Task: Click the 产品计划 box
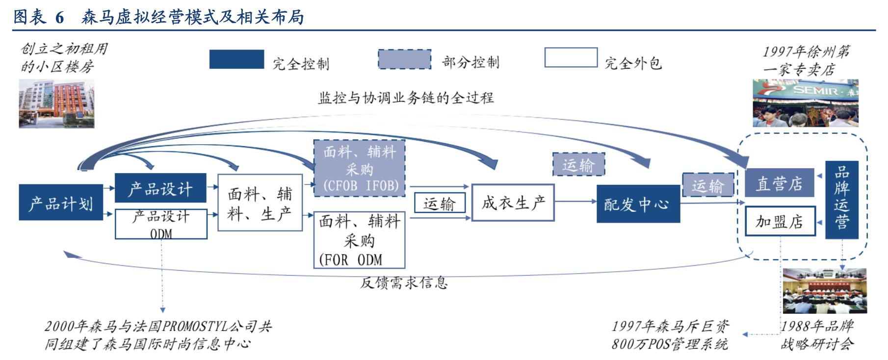pyautogui.click(x=61, y=203)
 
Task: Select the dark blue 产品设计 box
pyautogui.click(x=160, y=188)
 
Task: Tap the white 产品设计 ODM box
pyautogui.click(x=161, y=224)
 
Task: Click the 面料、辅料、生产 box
pyautogui.click(x=260, y=203)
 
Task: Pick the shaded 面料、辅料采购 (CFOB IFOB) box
pyautogui.click(x=360, y=168)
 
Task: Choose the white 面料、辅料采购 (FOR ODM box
pyautogui.click(x=360, y=240)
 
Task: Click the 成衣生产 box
pyautogui.click(x=513, y=203)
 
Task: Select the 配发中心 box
pyautogui.click(x=638, y=204)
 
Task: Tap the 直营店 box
pyautogui.click(x=779, y=183)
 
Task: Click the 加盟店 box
pyautogui.click(x=779, y=222)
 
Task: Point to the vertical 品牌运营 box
pyautogui.click(x=842, y=200)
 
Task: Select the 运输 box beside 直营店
pyautogui.click(x=708, y=185)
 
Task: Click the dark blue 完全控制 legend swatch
pyautogui.click(x=236, y=59)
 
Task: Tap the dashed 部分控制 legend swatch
pyautogui.click(x=404, y=59)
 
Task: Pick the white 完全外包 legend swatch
pyautogui.click(x=571, y=57)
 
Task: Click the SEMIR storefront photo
pyautogui.click(x=806, y=103)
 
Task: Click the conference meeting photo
pyautogui.click(x=824, y=291)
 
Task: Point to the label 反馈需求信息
pyautogui.click(x=404, y=283)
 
